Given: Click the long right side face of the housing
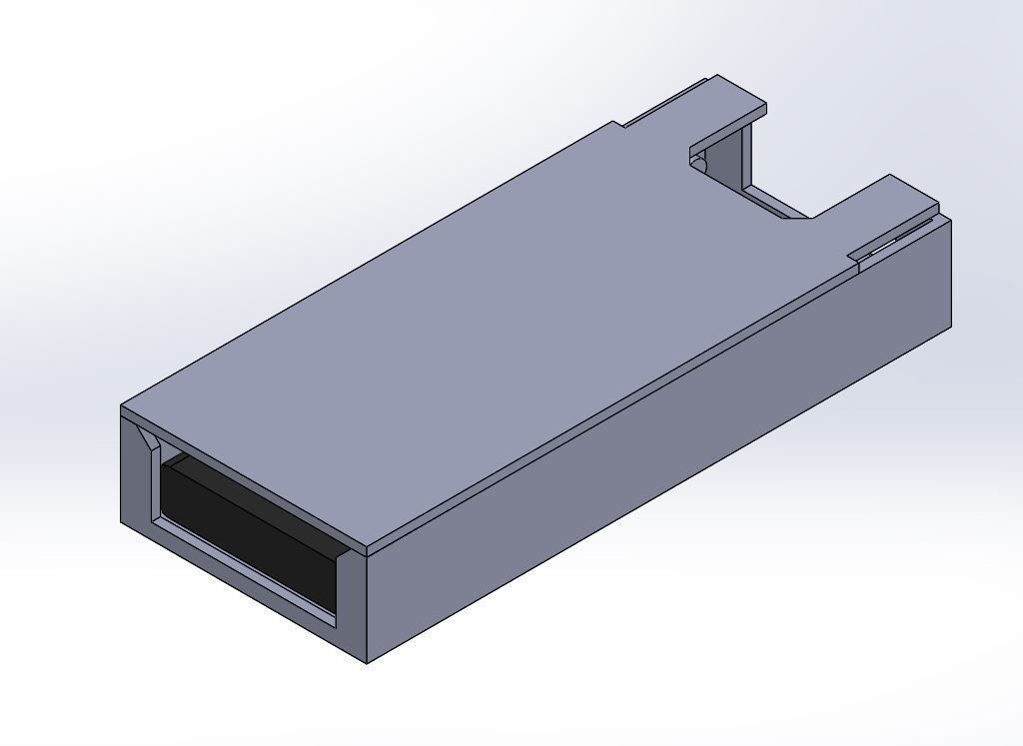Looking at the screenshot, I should pyautogui.click(x=659, y=449).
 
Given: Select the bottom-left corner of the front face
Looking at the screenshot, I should pyautogui.click(x=122, y=522).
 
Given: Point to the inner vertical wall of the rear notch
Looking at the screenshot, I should pyautogui.click(x=744, y=160).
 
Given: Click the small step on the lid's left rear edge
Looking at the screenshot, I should pyautogui.click(x=619, y=125).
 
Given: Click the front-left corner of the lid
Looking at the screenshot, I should pyautogui.click(x=122, y=407).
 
